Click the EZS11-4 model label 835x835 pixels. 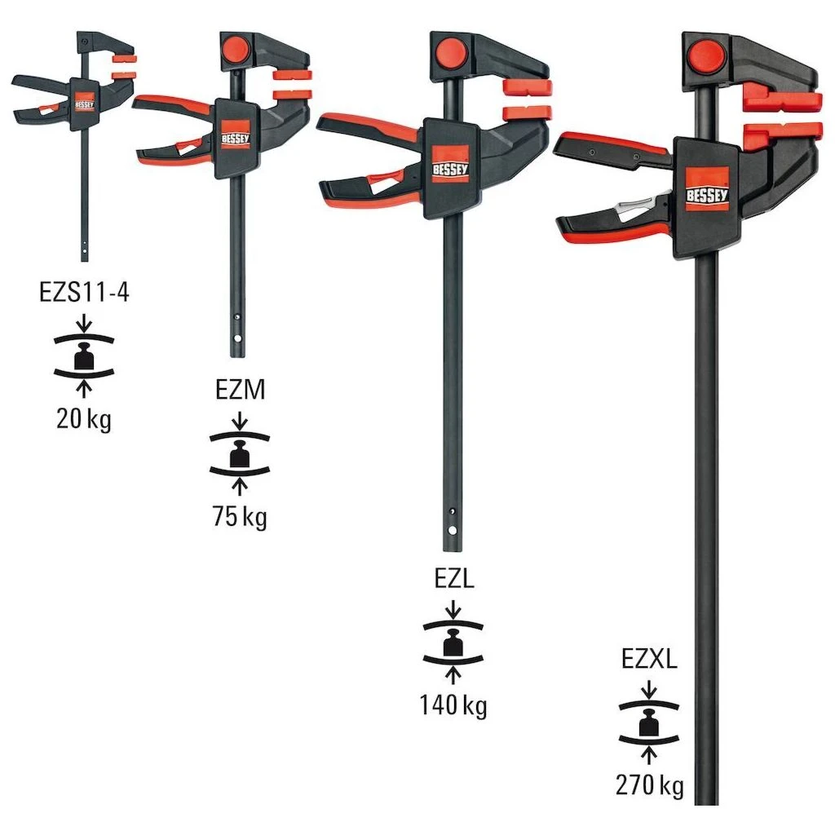coord(84,292)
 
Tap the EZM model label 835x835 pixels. coord(240,390)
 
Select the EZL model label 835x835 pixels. coord(453,579)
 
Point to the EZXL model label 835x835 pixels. coord(649,659)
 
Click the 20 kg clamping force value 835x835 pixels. coord(84,419)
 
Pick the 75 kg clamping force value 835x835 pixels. coord(240,516)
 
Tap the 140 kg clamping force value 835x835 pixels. coord(453,705)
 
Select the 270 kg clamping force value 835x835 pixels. coord(649,785)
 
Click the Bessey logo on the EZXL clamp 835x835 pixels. coord(707,189)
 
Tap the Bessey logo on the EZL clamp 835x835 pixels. coord(450,164)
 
